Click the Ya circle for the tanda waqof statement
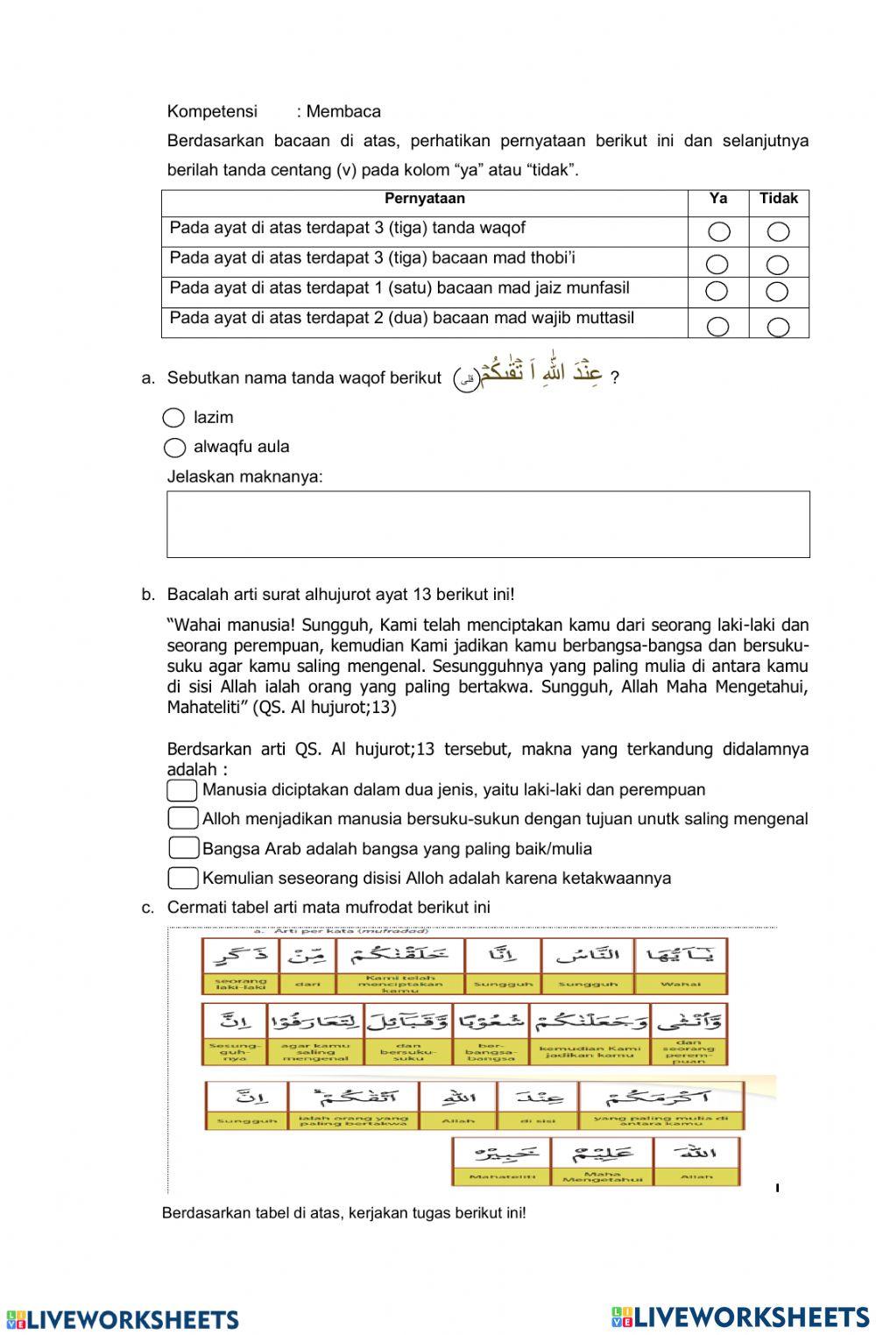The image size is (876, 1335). click(x=718, y=232)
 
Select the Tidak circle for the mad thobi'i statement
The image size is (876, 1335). click(x=778, y=265)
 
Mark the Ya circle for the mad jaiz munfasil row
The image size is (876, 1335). click(x=717, y=291)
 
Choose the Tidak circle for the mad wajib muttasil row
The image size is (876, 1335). click(x=778, y=327)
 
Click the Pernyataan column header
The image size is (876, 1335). click(x=424, y=199)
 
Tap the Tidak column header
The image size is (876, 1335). click(x=778, y=199)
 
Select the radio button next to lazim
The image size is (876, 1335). click(x=174, y=418)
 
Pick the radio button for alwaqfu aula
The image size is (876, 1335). click(x=174, y=448)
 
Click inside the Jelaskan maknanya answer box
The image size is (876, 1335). click(x=488, y=524)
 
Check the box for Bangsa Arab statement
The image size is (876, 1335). click(x=183, y=848)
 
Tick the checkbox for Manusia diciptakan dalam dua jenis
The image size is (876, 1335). click(x=182, y=790)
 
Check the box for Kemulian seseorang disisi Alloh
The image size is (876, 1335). click(x=183, y=878)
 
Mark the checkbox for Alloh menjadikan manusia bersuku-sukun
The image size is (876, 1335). click(x=182, y=818)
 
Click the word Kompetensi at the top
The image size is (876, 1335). click(x=212, y=111)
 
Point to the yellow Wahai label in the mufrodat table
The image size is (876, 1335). click(x=681, y=985)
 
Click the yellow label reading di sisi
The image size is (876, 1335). click(x=536, y=1120)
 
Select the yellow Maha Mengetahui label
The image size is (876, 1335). click(x=602, y=1176)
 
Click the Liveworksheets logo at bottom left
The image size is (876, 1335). click(x=122, y=1319)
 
